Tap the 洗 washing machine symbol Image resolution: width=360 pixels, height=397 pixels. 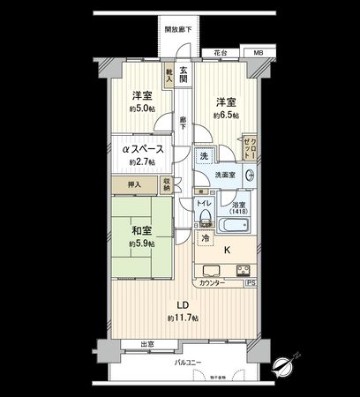click(204, 157)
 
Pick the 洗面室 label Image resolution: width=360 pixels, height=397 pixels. click(228, 174)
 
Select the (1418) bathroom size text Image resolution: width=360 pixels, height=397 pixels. click(238, 213)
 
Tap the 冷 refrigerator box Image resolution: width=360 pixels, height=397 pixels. click(205, 237)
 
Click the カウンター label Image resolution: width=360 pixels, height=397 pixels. click(213, 284)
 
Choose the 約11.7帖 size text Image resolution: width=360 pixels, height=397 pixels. click(184, 318)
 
